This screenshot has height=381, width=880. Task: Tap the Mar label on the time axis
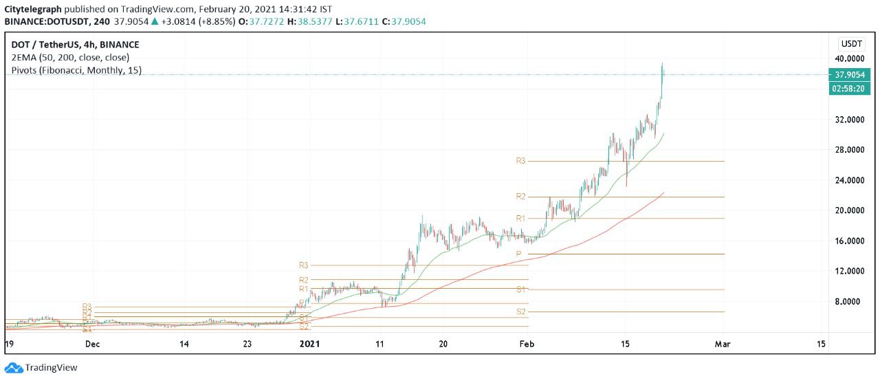coord(722,343)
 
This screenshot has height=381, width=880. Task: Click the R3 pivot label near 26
coord(520,161)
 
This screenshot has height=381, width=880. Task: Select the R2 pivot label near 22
coord(520,197)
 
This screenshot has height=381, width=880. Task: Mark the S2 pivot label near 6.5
coord(520,312)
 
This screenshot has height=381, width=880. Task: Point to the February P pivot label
coord(519,254)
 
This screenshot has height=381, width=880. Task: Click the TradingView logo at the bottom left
coord(41,368)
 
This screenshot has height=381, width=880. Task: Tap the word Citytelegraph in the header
coord(33,8)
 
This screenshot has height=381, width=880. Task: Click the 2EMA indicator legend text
coord(70,57)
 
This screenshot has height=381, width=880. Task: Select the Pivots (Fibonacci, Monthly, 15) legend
coord(76,70)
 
